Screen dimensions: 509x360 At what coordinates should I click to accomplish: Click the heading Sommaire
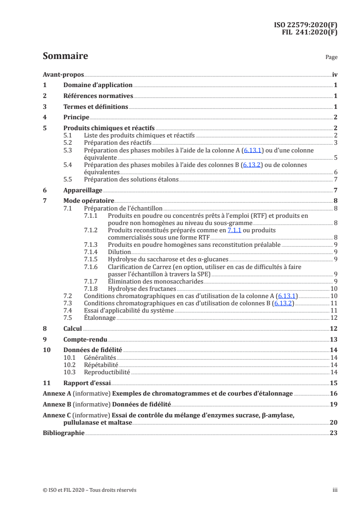65,56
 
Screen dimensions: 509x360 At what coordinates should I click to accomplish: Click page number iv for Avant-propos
335,75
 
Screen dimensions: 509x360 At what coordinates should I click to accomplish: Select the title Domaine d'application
98,85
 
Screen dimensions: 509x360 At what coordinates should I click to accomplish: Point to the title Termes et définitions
95,107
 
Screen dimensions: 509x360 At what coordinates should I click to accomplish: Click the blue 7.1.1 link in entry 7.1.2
235,230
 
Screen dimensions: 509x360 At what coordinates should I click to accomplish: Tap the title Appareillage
83,191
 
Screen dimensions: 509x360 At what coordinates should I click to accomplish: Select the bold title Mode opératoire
89,201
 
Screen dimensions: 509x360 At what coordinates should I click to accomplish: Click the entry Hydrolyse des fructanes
142,289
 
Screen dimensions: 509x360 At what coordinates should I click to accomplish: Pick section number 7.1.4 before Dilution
92,252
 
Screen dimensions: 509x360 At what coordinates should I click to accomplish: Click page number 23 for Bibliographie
334,433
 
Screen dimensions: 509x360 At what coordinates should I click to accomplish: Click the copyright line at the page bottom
89,490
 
